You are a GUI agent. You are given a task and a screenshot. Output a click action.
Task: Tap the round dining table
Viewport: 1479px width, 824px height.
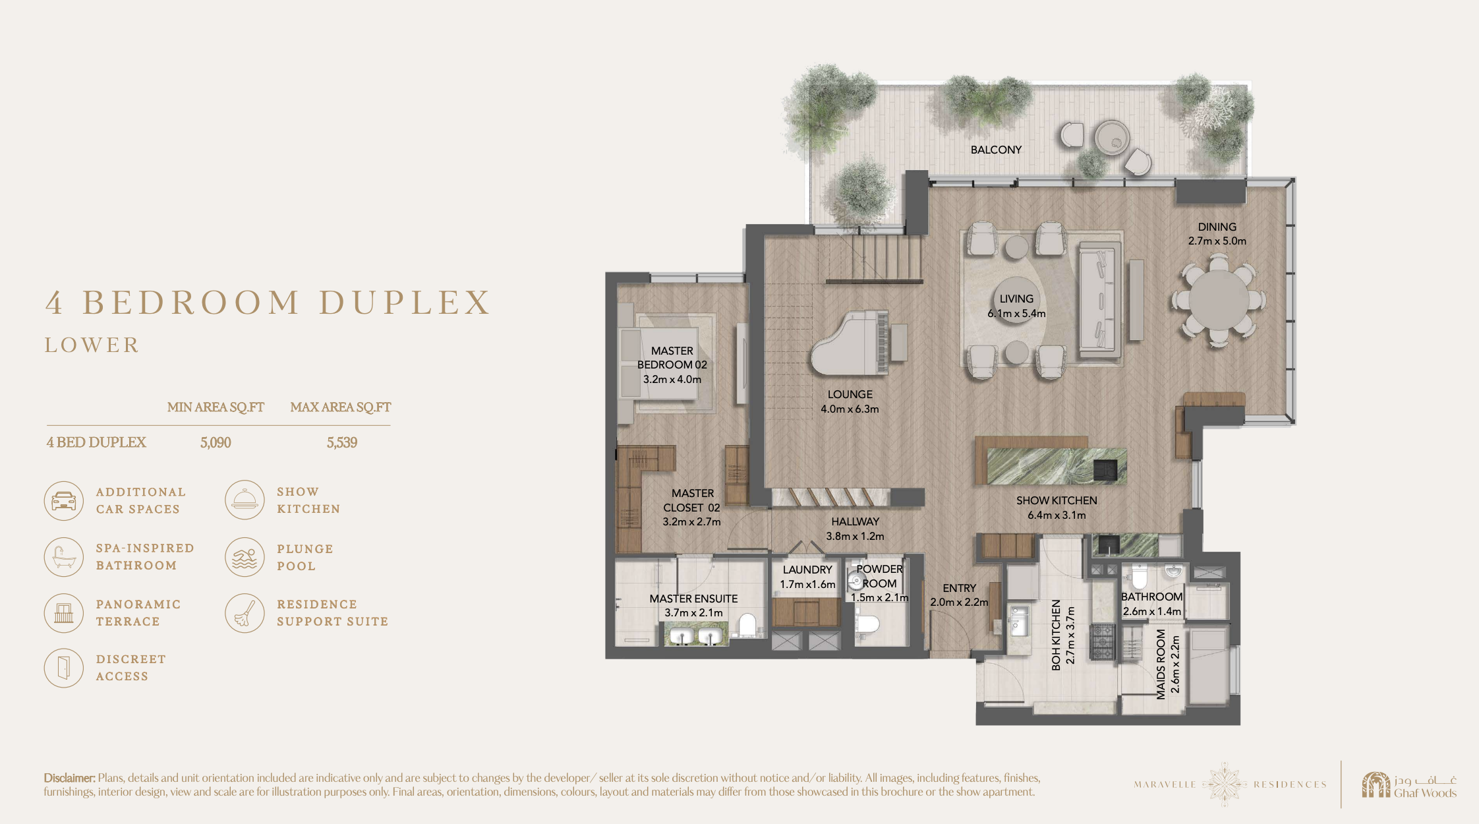click(x=1219, y=300)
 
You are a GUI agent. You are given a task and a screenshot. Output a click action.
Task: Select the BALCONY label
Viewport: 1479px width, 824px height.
click(x=996, y=150)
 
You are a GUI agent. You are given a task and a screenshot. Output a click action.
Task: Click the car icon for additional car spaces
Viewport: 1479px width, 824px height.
click(x=64, y=500)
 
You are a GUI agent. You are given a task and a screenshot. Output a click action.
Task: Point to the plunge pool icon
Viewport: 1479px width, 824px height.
click(x=245, y=557)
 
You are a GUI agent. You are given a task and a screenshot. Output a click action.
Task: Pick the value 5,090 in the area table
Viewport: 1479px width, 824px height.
click(x=216, y=442)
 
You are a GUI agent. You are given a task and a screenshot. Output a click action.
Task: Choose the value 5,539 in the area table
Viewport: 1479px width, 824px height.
click(x=342, y=442)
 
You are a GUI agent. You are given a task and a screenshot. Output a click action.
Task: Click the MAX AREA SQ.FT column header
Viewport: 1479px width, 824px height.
click(x=341, y=407)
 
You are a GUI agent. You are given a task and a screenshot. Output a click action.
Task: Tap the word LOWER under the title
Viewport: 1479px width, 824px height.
click(x=92, y=345)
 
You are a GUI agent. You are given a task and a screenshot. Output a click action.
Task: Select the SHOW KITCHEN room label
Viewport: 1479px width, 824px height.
click(x=1057, y=500)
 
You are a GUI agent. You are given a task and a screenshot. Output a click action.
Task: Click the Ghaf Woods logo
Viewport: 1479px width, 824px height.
click(x=1409, y=784)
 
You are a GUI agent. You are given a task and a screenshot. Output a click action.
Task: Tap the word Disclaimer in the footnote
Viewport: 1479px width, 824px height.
click(x=70, y=778)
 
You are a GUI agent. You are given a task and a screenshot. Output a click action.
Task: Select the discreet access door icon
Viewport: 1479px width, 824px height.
click(x=64, y=668)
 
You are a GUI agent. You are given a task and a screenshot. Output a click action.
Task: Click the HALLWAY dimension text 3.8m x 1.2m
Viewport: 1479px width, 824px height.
click(x=855, y=536)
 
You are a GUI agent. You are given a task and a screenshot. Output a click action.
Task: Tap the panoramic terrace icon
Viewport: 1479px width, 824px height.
click(x=64, y=612)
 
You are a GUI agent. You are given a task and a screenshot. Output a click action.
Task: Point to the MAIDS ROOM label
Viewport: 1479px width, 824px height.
click(x=1161, y=664)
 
